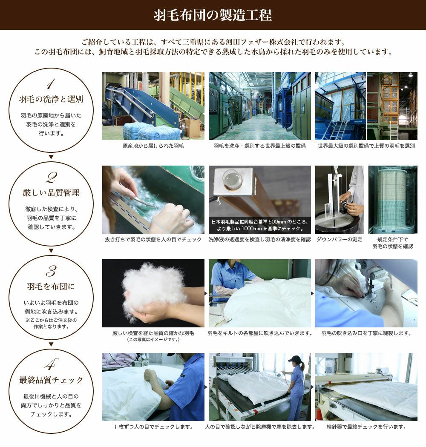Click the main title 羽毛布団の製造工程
[213, 15]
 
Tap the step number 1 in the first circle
[51, 84]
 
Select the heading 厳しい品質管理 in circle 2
[51, 193]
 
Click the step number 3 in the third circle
[51, 271]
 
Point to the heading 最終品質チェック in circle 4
[51, 380]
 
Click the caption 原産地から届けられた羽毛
[153, 146]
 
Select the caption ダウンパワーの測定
[339, 239]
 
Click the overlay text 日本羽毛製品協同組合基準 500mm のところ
[260, 221]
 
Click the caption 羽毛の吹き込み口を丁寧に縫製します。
[366, 333]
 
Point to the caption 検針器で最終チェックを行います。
[366, 427]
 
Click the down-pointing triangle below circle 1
[51, 157]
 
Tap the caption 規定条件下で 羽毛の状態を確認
[393, 243]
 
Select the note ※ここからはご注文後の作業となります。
[51, 323]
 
